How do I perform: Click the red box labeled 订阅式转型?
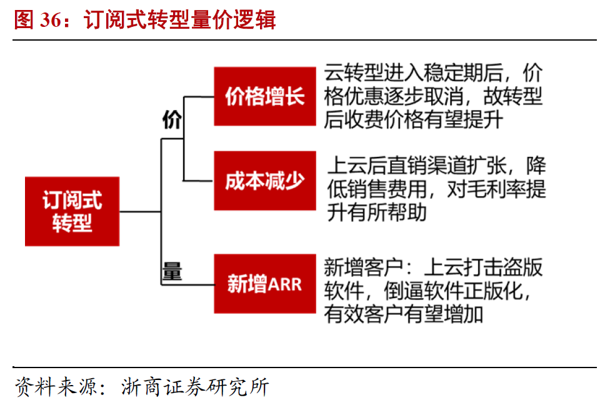pos(72,211)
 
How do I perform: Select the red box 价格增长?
pos(264,96)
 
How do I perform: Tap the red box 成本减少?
pos(264,181)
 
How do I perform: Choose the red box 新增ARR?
pos(264,284)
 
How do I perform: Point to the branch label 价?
pos(171,119)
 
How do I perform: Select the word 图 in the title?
pos(24,20)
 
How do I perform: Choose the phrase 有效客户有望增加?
pos(403,313)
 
